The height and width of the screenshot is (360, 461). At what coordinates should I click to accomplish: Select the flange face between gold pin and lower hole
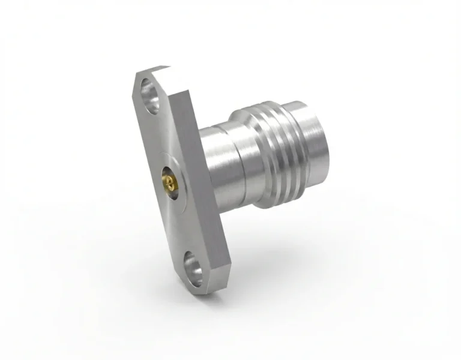click(x=181, y=222)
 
